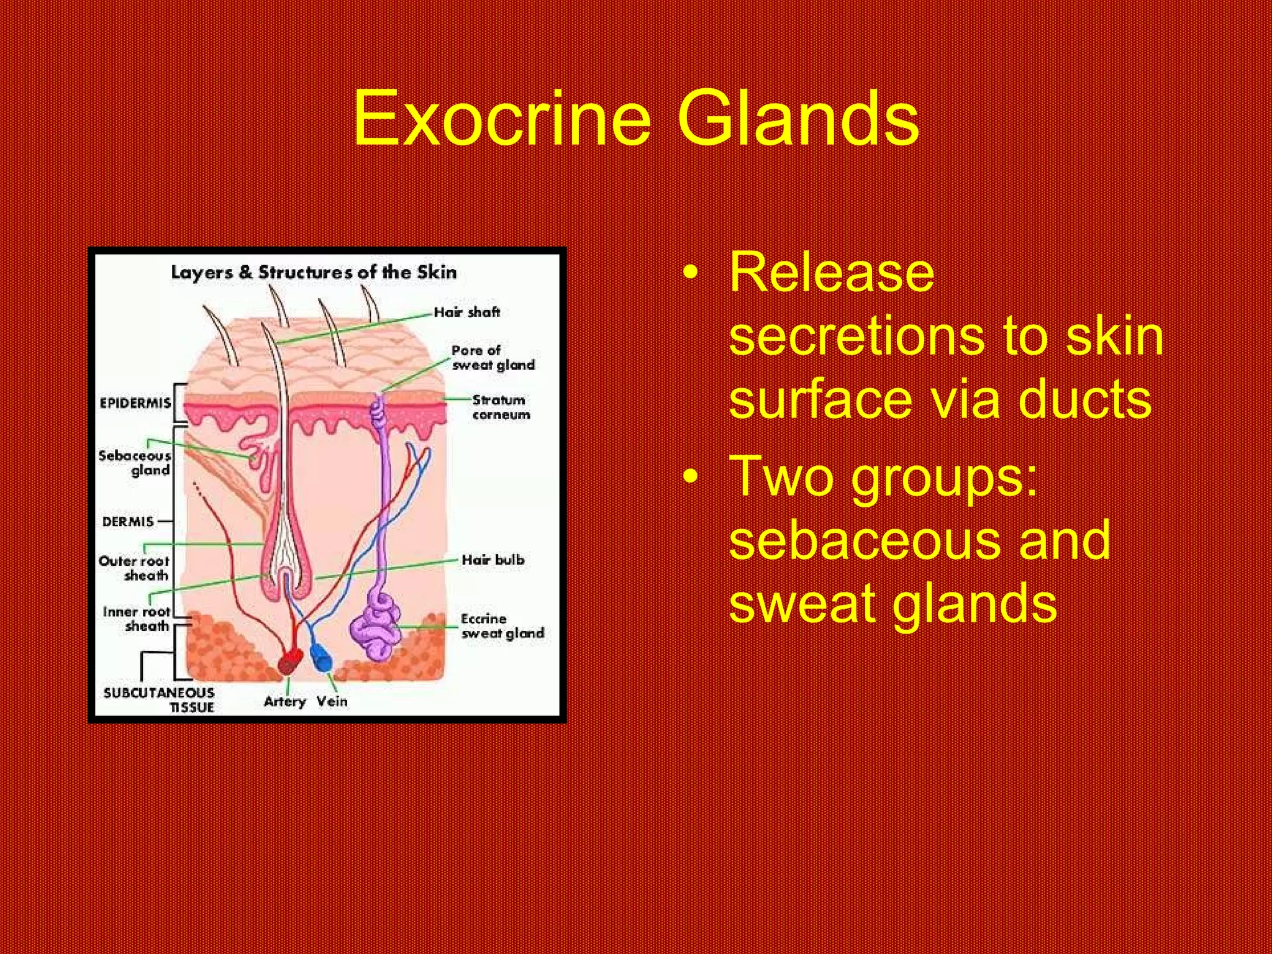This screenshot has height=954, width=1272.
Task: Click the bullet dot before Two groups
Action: tap(690, 477)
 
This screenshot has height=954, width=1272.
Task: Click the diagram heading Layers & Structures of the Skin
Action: tap(314, 272)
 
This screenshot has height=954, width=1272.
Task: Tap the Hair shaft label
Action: tap(466, 312)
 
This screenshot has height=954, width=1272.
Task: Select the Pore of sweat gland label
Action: tap(493, 358)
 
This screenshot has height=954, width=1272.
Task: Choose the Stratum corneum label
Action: tap(501, 407)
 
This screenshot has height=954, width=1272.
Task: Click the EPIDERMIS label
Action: tap(135, 403)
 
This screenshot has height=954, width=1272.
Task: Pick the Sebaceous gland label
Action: tap(135, 463)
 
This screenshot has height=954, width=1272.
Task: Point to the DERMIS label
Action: tap(128, 521)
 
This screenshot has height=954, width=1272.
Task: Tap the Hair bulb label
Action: tap(493, 560)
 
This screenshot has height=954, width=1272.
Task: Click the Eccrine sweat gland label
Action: tap(502, 626)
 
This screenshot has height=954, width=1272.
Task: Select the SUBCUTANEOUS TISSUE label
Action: tap(160, 699)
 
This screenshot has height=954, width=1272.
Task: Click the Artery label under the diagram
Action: tap(284, 701)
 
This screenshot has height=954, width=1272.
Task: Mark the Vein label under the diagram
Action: tap(332, 701)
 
